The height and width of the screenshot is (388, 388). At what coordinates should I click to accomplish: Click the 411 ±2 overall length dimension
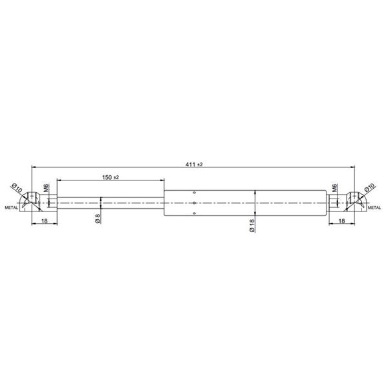(x=194, y=164)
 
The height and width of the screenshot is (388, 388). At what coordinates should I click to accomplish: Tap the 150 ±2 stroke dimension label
(x=111, y=177)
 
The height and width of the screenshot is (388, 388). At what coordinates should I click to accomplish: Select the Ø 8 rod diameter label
(x=98, y=219)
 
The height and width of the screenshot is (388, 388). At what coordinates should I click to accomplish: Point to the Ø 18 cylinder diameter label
(x=252, y=226)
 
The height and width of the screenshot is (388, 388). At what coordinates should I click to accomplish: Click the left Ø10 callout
(x=17, y=188)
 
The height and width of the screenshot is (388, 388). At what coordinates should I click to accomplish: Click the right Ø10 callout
(x=370, y=188)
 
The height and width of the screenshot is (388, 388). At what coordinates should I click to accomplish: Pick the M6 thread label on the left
(x=47, y=188)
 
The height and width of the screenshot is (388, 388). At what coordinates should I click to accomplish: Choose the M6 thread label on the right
(x=334, y=188)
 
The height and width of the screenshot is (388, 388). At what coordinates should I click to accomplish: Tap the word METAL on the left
(x=12, y=208)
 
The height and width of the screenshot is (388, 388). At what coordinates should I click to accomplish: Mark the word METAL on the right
(x=374, y=208)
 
